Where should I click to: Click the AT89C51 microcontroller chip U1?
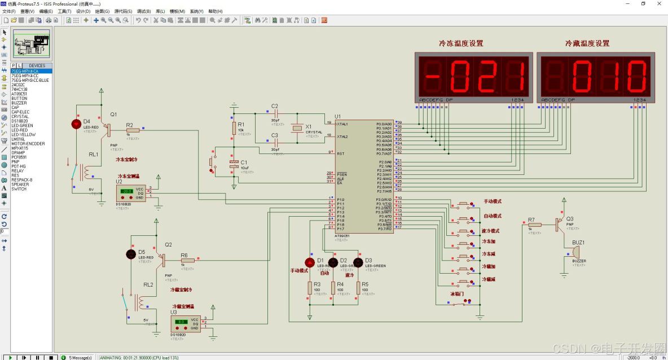(364, 175)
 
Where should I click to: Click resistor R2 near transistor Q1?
(133, 130)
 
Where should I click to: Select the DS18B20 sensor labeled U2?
(131, 191)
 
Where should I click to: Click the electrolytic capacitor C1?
(234, 164)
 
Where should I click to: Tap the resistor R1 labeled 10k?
(234, 128)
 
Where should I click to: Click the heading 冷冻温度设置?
(461, 43)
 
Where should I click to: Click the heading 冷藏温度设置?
(587, 43)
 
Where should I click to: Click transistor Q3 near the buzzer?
(560, 224)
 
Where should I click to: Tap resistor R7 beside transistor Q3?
(534, 225)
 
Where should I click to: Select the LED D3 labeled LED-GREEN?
(358, 262)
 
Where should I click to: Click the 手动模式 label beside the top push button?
(493, 201)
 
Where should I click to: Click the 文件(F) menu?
(9, 11)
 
